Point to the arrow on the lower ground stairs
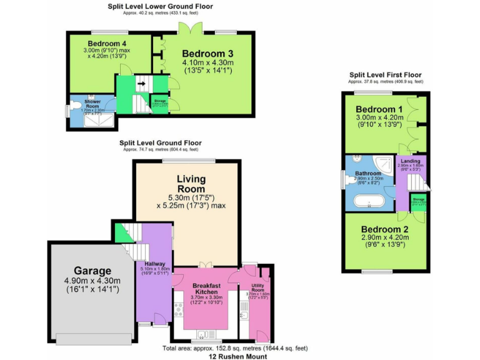point(141,83)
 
